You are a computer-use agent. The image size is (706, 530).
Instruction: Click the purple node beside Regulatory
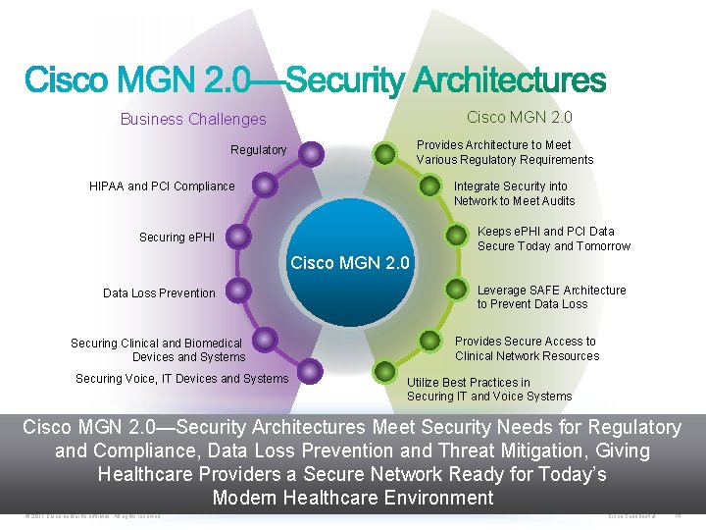point(311,152)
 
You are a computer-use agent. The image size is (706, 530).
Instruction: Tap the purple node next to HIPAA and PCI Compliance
point(263,185)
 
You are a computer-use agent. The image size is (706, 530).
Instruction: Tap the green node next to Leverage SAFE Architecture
point(455,290)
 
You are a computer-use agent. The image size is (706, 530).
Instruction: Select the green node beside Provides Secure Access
point(430,341)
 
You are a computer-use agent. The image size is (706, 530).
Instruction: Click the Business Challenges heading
point(193,119)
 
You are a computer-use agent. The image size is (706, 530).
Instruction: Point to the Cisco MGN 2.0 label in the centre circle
point(350,262)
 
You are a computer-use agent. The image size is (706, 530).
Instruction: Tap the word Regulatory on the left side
point(258,150)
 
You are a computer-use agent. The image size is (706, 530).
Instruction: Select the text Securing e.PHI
point(176,238)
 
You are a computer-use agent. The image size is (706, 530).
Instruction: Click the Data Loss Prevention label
point(159,292)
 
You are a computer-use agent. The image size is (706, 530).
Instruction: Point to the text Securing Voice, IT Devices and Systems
point(182,379)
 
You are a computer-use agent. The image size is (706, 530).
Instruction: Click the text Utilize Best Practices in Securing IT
point(489,390)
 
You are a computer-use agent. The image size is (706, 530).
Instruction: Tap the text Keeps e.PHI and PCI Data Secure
point(553,238)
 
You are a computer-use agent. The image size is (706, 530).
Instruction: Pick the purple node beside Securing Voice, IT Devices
point(309,371)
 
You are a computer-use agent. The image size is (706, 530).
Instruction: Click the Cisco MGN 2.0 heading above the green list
point(520,117)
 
